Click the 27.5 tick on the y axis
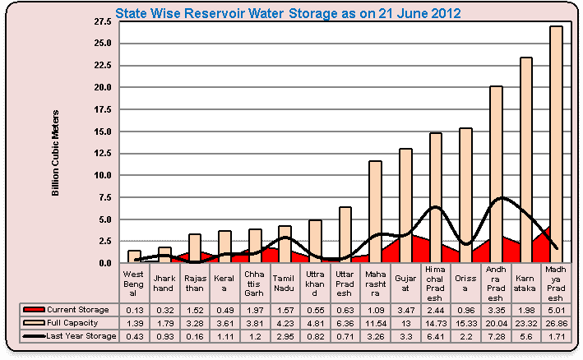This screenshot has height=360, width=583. [x=106, y=20]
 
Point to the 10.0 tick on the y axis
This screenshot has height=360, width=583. [x=106, y=175]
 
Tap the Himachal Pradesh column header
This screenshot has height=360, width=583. [x=436, y=284]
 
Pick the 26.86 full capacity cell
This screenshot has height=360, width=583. [x=556, y=322]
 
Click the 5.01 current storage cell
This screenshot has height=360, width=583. [x=556, y=308]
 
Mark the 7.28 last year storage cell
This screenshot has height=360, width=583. [x=496, y=335]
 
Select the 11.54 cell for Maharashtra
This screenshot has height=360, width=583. [x=375, y=322]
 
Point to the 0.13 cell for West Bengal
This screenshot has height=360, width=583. [x=134, y=308]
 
